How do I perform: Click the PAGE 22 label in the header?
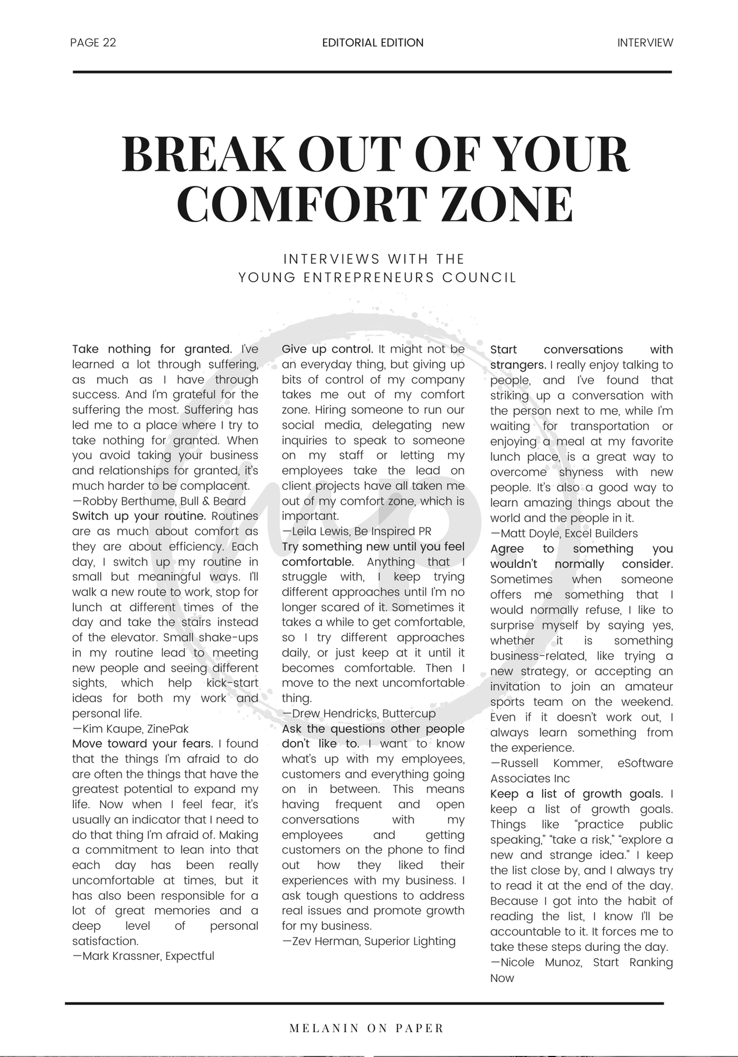(x=93, y=43)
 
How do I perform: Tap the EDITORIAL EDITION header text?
(x=372, y=43)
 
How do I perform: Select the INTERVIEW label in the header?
(x=645, y=43)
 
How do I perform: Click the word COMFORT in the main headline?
(x=302, y=204)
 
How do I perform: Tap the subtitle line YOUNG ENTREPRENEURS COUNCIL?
(x=377, y=277)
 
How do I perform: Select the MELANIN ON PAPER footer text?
(x=367, y=1028)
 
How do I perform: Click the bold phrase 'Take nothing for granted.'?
(x=152, y=349)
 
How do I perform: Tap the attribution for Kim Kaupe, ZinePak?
(x=130, y=729)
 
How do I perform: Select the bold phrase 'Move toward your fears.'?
(x=143, y=744)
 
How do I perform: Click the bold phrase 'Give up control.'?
(x=328, y=349)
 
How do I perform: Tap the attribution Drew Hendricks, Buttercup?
(x=359, y=713)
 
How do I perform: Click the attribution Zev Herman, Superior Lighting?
(x=369, y=941)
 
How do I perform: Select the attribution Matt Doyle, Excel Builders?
(x=564, y=534)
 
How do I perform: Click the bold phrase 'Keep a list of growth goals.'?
(x=576, y=794)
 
